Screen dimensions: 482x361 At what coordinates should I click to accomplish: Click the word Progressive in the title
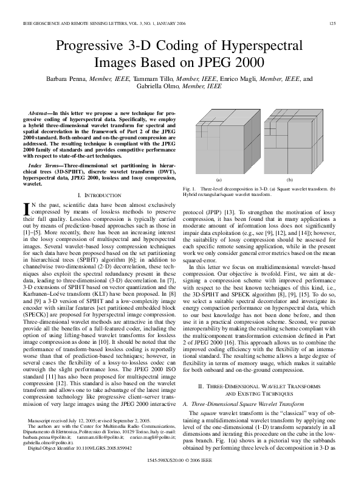pos(90,46)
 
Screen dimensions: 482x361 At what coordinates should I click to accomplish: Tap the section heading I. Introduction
pos(100,194)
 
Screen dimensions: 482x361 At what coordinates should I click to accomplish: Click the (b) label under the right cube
pos(289,181)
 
